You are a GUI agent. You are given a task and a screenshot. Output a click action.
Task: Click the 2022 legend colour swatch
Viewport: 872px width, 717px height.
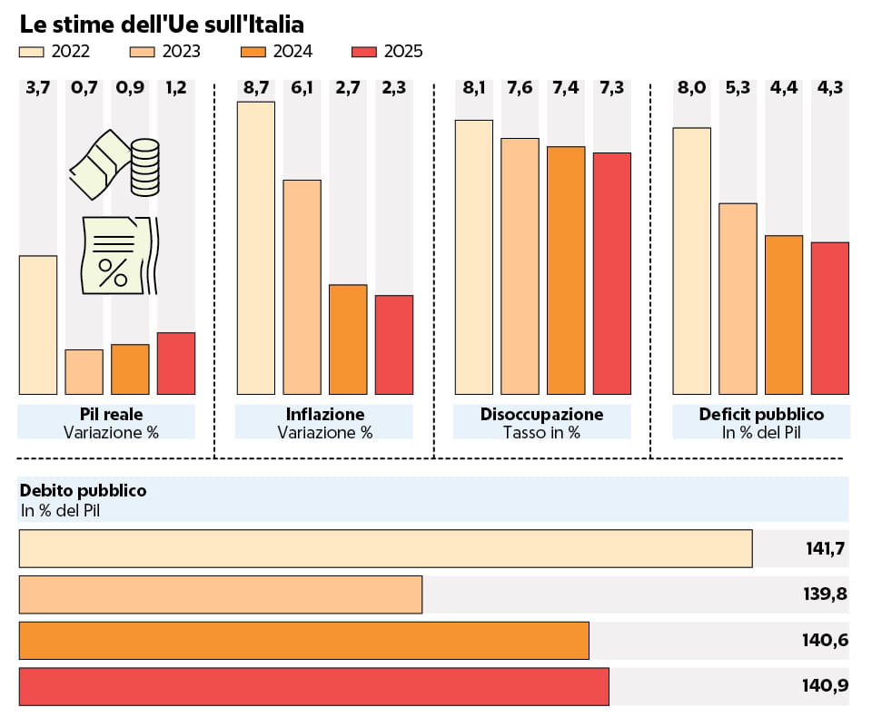click(x=31, y=52)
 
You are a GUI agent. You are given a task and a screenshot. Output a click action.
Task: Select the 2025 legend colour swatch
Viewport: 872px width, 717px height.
click(x=364, y=52)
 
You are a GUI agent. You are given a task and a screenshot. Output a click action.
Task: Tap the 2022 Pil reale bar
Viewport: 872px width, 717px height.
click(x=38, y=325)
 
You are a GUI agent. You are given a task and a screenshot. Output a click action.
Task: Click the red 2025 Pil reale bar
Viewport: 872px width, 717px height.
click(x=176, y=364)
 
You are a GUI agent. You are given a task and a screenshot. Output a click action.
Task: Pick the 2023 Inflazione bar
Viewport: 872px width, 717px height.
click(x=302, y=288)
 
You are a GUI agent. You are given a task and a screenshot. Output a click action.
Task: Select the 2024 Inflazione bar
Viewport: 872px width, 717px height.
click(x=348, y=339)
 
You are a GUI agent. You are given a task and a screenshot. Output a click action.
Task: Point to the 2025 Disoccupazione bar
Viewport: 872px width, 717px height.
click(x=612, y=273)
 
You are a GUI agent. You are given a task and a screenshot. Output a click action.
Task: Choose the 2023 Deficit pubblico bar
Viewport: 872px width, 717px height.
click(x=738, y=299)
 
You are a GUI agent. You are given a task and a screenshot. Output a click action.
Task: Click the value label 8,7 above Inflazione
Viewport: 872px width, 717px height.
click(x=256, y=88)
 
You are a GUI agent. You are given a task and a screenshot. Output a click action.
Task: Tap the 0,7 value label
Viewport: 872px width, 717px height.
click(x=84, y=88)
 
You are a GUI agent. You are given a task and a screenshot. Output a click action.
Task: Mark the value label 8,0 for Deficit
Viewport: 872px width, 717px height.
click(x=692, y=88)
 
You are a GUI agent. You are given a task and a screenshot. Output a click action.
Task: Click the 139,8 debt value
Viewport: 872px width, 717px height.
click(x=826, y=594)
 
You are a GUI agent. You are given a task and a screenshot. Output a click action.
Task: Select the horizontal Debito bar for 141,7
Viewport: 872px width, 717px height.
click(x=386, y=548)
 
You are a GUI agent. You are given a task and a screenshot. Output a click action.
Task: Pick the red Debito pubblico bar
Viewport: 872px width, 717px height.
click(x=314, y=686)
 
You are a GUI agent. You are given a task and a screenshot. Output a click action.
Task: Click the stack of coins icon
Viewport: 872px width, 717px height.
click(x=145, y=168)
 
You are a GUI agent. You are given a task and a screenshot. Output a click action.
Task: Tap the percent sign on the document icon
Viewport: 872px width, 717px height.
click(x=113, y=272)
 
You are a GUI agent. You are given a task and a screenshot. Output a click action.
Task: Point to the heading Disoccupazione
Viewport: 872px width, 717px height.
click(x=541, y=414)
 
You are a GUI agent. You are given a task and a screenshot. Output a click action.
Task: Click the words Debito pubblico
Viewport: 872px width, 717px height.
click(x=84, y=491)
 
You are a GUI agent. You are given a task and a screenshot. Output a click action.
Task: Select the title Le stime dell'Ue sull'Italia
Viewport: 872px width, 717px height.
click(x=162, y=25)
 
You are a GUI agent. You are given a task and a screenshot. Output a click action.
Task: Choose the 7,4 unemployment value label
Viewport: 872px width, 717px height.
click(x=566, y=88)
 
